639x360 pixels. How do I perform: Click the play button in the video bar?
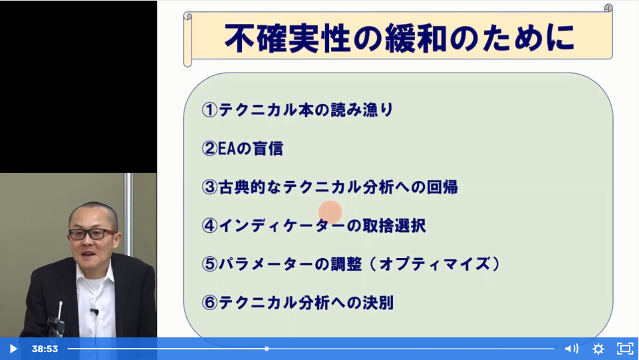click(13, 349)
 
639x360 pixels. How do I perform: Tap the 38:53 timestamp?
click(45, 349)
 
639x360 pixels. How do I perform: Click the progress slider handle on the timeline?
click(267, 349)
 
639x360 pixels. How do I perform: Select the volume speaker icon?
click(571, 349)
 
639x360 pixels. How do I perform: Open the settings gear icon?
click(598, 349)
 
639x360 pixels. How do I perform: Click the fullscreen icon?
click(625, 349)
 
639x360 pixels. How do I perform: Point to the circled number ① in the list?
click(209, 110)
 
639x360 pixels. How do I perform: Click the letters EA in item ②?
click(227, 149)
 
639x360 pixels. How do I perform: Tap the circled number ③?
click(209, 187)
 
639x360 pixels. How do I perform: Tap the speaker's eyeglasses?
click(93, 234)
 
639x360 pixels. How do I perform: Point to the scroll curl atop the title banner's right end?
click(608, 8)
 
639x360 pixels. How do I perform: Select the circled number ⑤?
click(209, 264)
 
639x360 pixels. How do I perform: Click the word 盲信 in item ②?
click(268, 149)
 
